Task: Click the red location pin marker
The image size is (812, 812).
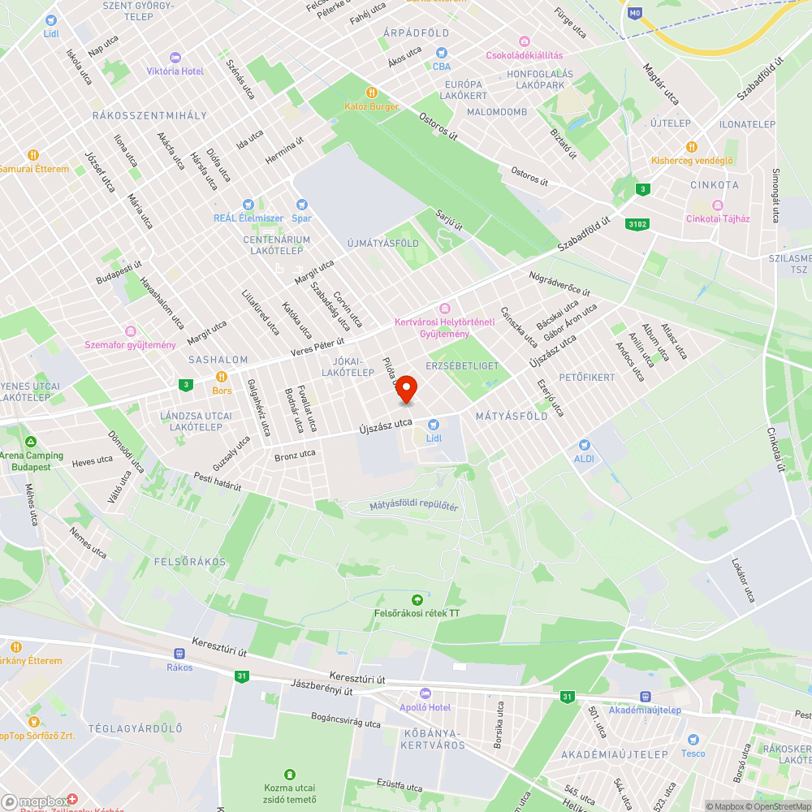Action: click(406, 389)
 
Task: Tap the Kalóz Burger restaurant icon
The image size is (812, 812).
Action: click(372, 93)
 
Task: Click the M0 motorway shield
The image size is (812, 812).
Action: click(635, 13)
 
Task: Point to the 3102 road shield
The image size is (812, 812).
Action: click(637, 222)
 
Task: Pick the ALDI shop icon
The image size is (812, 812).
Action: click(584, 445)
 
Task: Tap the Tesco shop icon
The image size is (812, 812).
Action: click(692, 740)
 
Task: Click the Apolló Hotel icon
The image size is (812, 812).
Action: click(425, 693)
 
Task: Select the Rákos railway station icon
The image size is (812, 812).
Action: click(179, 653)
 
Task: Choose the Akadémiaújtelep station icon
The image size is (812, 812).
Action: click(646, 696)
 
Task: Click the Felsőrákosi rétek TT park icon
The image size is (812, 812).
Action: click(417, 599)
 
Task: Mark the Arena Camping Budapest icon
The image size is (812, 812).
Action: click(31, 442)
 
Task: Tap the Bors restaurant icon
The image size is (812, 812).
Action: click(222, 377)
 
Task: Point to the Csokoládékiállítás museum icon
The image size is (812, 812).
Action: click(524, 41)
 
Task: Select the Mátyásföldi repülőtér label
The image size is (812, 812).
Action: click(414, 506)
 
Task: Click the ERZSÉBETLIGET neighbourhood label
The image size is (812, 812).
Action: click(462, 365)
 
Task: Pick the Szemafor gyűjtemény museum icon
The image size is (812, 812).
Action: click(131, 331)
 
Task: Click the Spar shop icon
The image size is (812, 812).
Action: click(302, 205)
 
